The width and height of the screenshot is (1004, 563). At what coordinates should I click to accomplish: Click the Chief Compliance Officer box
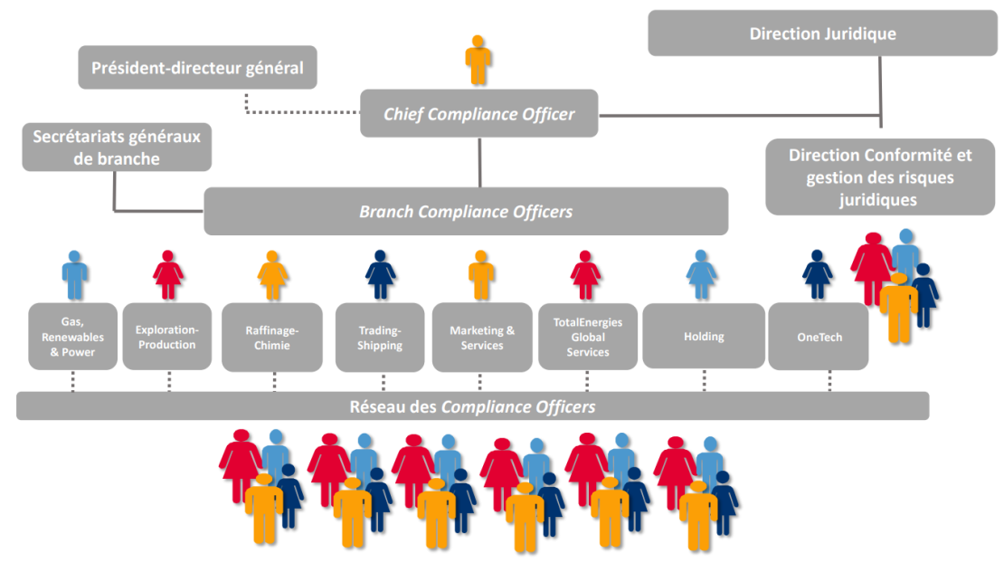[478, 114]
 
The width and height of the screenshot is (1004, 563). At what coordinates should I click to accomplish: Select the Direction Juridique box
[822, 33]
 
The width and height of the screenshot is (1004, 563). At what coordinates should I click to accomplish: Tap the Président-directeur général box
[197, 68]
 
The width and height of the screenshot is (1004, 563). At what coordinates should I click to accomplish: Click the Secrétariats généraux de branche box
[117, 148]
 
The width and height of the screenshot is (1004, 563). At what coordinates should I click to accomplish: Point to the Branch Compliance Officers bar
[466, 212]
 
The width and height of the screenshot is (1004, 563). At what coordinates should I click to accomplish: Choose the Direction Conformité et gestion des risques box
[879, 177]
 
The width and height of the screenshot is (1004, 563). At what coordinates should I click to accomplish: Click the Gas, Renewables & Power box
[72, 337]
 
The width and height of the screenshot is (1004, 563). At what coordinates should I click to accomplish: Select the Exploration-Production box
[166, 337]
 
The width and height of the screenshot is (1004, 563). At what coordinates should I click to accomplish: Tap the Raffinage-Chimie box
[272, 337]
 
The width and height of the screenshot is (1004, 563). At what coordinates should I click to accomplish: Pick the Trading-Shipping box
[380, 337]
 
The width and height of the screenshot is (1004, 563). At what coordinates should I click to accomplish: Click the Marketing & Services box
[481, 337]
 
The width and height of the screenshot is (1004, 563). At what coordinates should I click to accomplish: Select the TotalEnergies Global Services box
[588, 337]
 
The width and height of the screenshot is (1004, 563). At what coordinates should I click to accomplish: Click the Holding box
[704, 337]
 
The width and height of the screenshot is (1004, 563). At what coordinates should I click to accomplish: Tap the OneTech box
[819, 337]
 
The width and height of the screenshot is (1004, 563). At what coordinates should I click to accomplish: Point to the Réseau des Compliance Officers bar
[472, 406]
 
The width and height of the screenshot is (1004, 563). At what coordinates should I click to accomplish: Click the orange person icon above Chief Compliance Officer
[478, 61]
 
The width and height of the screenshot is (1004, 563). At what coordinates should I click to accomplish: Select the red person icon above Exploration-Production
[167, 275]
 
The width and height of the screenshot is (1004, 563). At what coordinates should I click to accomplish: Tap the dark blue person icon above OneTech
[818, 275]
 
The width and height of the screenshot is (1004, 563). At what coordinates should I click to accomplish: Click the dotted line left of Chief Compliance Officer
[303, 113]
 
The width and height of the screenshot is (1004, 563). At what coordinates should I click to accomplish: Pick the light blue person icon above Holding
[702, 275]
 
